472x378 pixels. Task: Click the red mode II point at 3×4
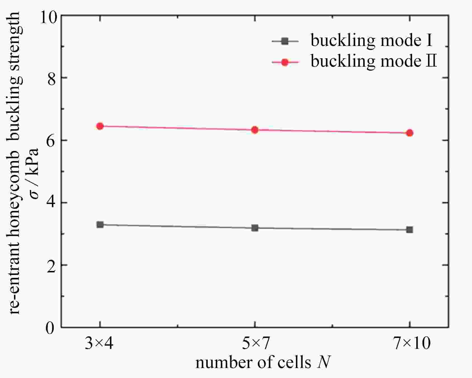(x=100, y=126)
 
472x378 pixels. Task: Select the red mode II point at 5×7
(x=255, y=130)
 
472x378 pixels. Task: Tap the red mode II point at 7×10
(x=410, y=133)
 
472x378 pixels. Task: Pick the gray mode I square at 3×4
(x=100, y=224)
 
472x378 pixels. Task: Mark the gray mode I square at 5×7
(x=255, y=228)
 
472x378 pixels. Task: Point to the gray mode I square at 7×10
(x=410, y=230)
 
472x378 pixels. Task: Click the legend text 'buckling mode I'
(x=371, y=41)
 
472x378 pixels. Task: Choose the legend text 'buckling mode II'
(x=373, y=61)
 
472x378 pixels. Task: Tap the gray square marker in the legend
(x=285, y=41)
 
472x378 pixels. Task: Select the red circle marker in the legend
(x=285, y=62)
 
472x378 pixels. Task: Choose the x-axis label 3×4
(x=99, y=344)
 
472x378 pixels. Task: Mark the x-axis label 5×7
(x=255, y=344)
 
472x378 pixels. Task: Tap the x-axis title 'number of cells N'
(x=263, y=363)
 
